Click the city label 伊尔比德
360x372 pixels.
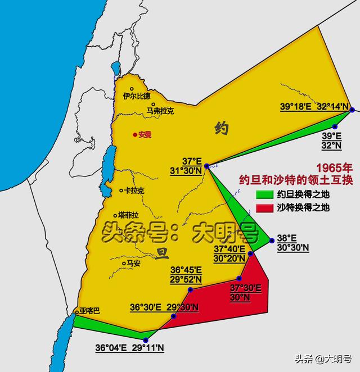(137, 96)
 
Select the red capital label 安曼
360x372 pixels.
(145, 135)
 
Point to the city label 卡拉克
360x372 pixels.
(134, 191)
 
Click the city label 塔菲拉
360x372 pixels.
(129, 215)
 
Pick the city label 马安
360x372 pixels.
(134, 262)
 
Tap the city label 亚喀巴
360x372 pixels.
(89, 311)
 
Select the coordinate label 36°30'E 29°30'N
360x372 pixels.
(164, 307)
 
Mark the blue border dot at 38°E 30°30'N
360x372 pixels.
(272, 241)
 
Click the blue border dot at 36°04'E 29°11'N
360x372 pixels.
(146, 340)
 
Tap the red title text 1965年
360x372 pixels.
(334, 168)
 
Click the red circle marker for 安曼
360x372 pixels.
(135, 135)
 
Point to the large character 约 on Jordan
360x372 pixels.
(221, 129)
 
